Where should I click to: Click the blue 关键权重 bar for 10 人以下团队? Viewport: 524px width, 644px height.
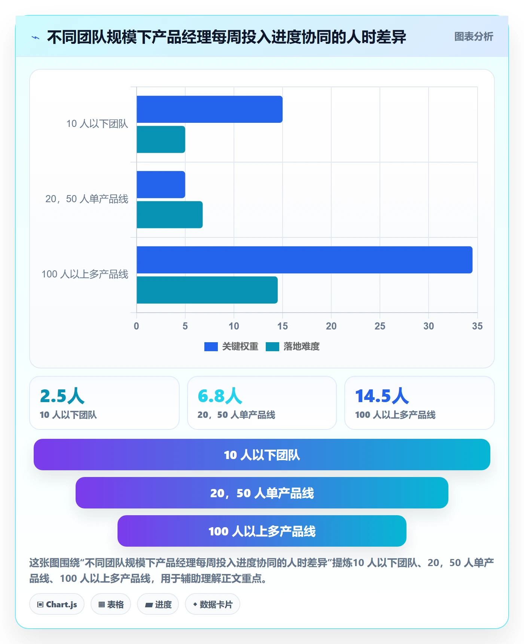click(210, 109)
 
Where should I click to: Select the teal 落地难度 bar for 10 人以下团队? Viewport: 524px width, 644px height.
click(161, 139)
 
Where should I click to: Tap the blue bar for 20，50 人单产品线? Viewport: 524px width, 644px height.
click(161, 185)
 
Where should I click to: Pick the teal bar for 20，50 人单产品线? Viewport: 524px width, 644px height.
click(170, 215)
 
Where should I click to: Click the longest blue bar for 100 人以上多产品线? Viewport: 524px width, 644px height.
click(305, 260)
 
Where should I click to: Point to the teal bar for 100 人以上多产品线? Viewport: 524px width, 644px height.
click(207, 290)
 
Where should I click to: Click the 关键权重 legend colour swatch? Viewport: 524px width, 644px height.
click(211, 347)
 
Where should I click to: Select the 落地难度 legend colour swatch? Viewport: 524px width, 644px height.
click(272, 347)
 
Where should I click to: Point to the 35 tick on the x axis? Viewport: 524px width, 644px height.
click(477, 326)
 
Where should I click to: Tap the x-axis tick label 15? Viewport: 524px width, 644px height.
click(283, 326)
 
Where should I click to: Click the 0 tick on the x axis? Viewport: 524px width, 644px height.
click(137, 326)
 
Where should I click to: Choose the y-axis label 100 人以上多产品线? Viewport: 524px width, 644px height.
click(85, 274)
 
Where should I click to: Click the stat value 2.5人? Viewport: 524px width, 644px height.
click(63, 396)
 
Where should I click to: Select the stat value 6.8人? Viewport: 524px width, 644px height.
click(220, 396)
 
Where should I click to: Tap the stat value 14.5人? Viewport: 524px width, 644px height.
click(382, 396)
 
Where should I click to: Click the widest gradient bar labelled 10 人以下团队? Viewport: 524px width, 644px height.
click(262, 455)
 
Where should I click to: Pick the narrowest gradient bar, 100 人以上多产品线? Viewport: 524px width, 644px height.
click(262, 531)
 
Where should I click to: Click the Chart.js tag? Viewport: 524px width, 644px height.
click(57, 604)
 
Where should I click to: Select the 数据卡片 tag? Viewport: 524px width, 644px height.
click(213, 604)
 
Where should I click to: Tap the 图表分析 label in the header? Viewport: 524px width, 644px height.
click(474, 37)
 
